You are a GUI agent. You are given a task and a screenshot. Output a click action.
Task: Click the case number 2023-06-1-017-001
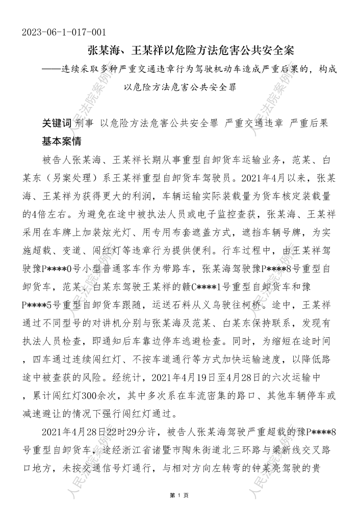64,33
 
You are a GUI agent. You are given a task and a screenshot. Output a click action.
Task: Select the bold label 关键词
56,123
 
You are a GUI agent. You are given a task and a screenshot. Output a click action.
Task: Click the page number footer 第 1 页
179,495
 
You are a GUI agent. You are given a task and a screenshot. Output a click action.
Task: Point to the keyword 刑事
84,123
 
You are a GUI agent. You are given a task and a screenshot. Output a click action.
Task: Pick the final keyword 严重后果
309,123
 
